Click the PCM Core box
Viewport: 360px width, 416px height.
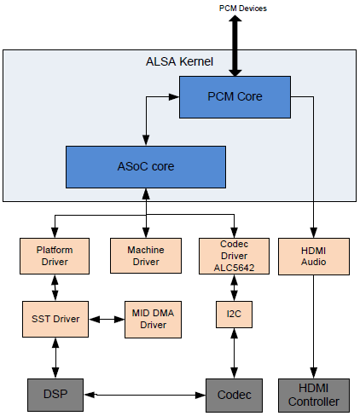point(235,97)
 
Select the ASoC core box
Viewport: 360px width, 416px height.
point(146,167)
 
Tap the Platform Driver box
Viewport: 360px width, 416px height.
point(55,256)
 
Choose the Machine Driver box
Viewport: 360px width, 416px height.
point(146,256)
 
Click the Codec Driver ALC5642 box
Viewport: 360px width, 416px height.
point(234,256)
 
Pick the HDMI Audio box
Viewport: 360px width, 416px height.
point(314,257)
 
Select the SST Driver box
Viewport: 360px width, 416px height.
point(55,319)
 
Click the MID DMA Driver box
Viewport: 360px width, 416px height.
point(153,320)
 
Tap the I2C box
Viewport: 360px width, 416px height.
point(234,315)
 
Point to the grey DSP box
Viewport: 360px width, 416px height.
point(55,395)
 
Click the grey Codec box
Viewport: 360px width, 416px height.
point(234,396)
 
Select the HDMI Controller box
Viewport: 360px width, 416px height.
point(314,396)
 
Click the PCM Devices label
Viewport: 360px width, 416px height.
point(243,9)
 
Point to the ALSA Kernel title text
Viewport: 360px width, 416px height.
point(179,61)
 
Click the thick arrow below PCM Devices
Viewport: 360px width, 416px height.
point(235,46)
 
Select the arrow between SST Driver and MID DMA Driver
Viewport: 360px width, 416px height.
point(107,320)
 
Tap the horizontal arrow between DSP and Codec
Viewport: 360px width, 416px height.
point(145,395)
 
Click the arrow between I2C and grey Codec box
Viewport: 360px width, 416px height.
point(234,353)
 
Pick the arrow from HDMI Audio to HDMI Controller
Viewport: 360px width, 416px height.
point(314,326)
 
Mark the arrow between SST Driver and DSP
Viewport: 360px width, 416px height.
point(55,358)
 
